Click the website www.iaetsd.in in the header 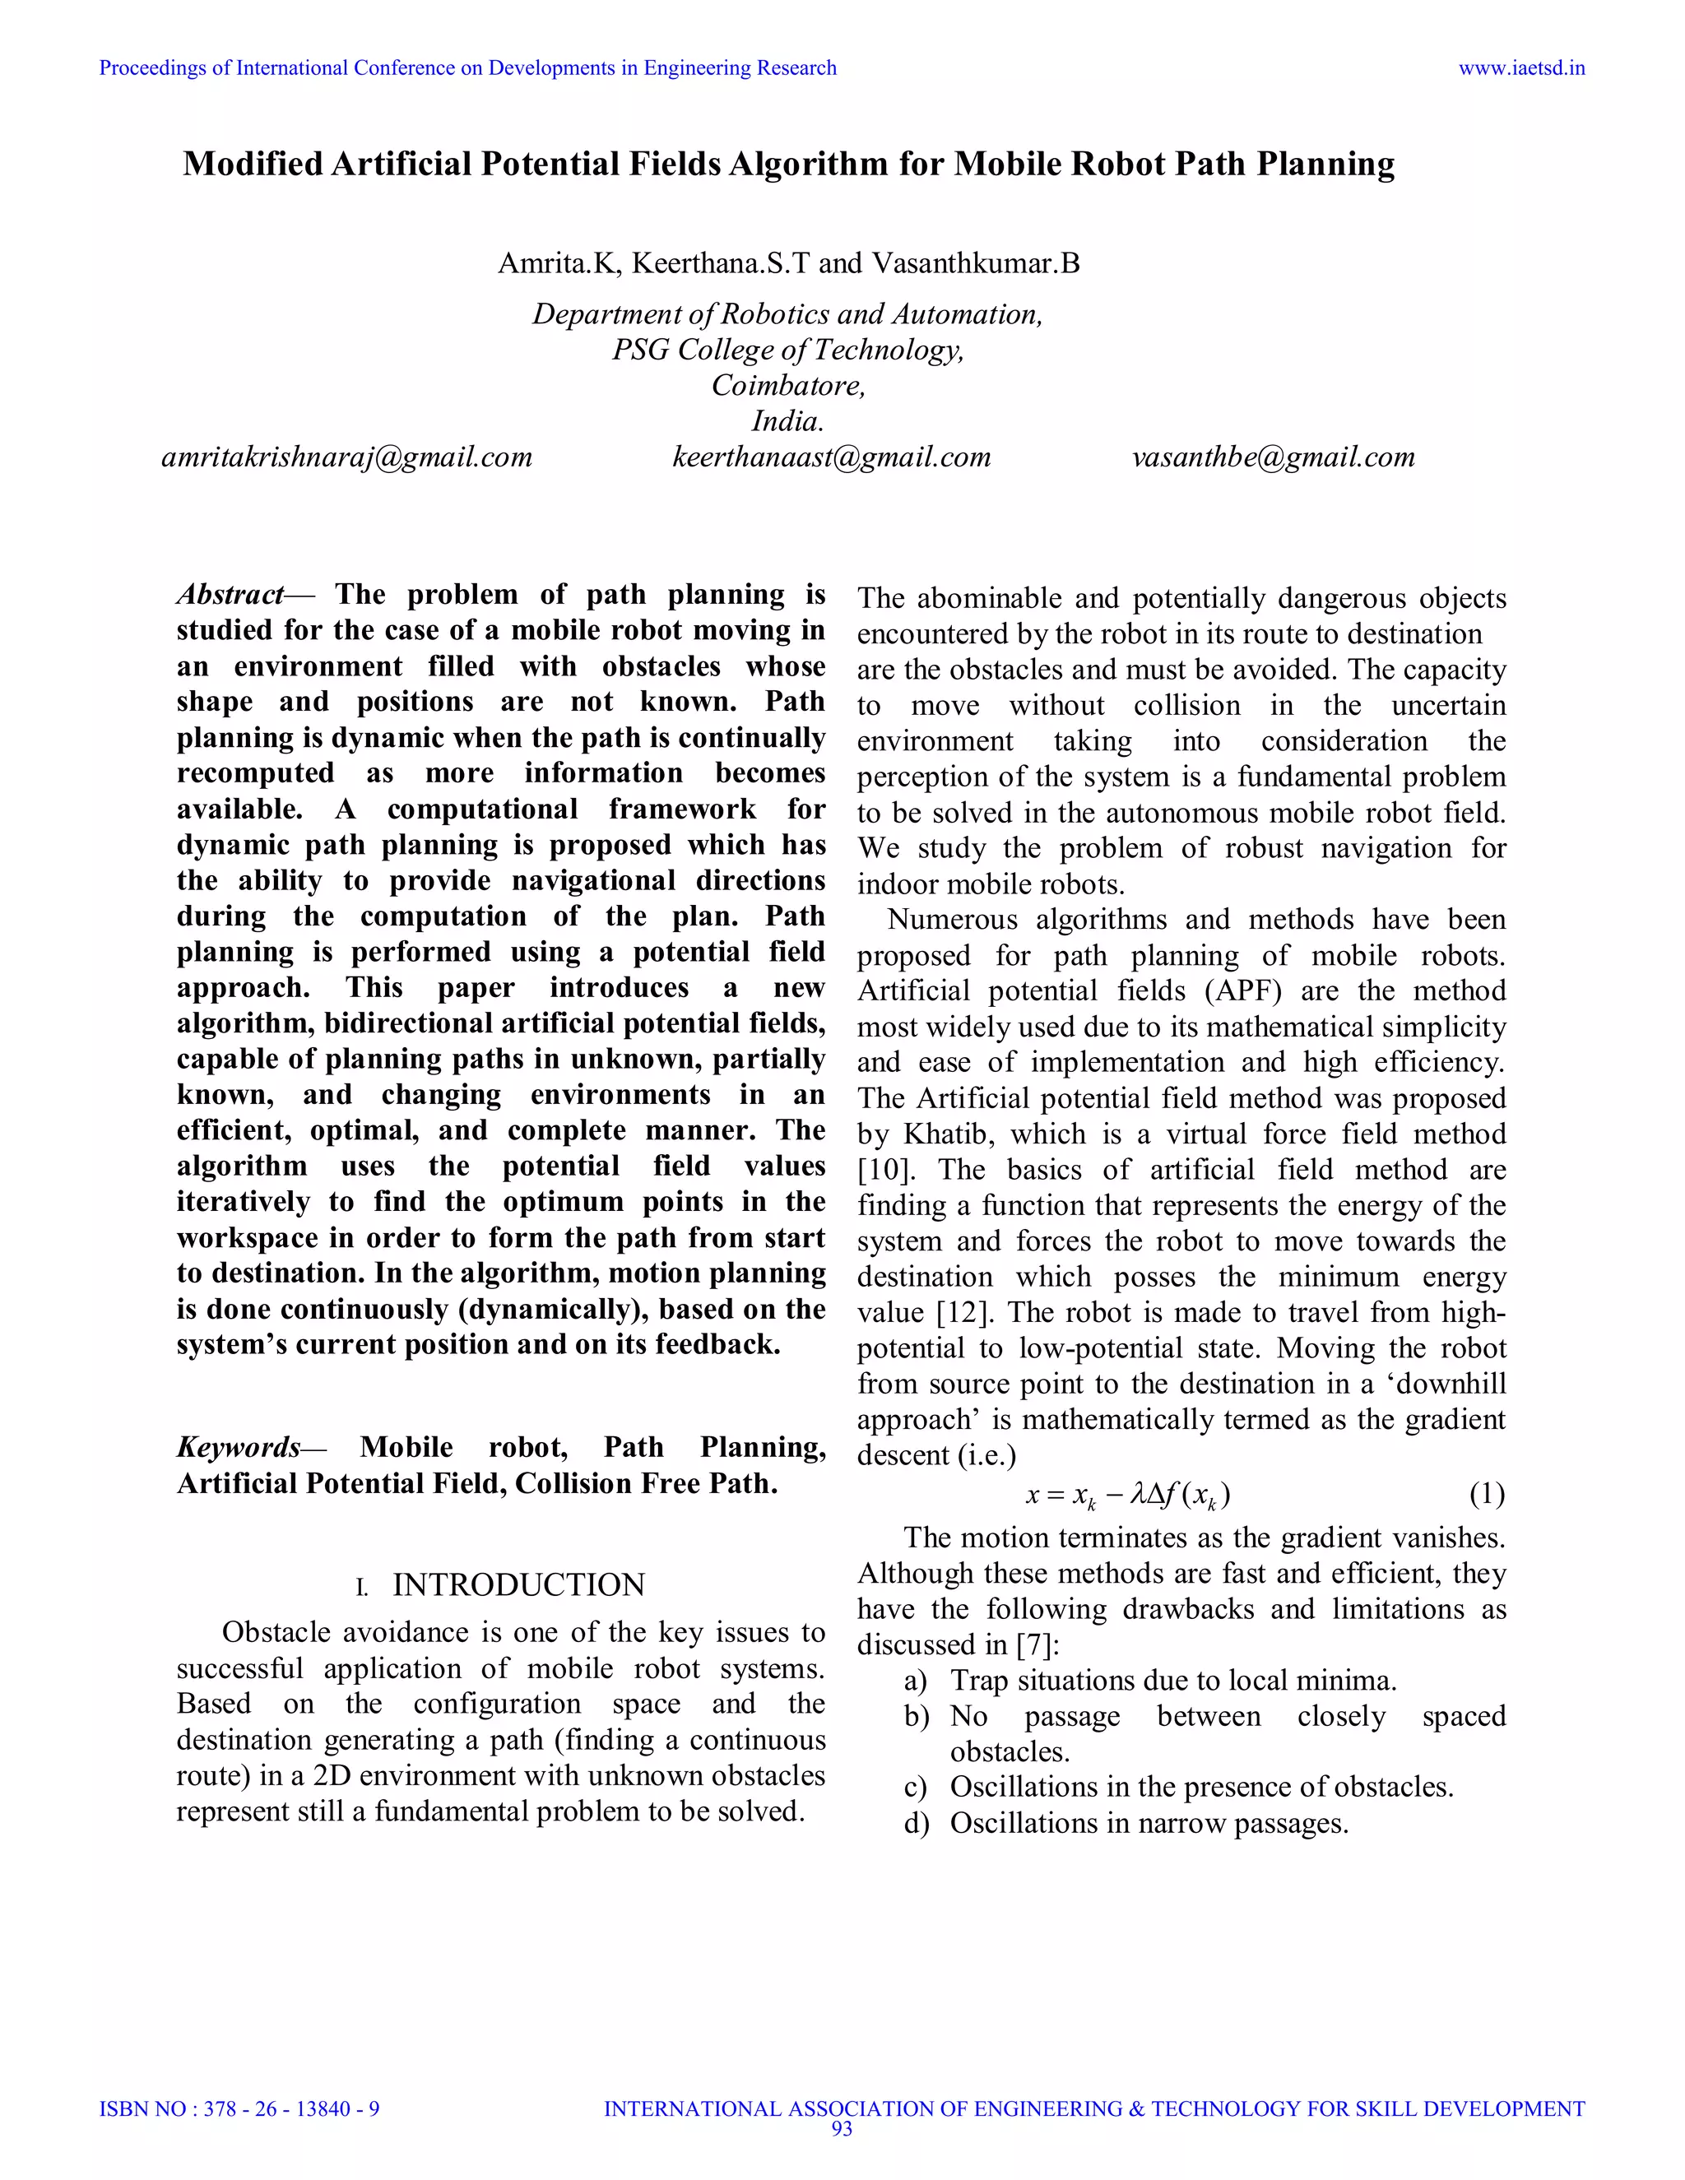click(x=1521, y=68)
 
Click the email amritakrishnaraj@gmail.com click(x=346, y=457)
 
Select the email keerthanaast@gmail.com click(x=832, y=457)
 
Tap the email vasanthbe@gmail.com click(x=1273, y=457)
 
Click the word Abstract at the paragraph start click(x=230, y=595)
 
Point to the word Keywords click(x=239, y=1447)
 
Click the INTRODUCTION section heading click(x=518, y=1585)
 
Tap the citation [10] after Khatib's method click(x=879, y=1170)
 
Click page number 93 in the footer click(x=842, y=2129)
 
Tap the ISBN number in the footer click(x=239, y=2109)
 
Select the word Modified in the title click(x=253, y=164)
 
